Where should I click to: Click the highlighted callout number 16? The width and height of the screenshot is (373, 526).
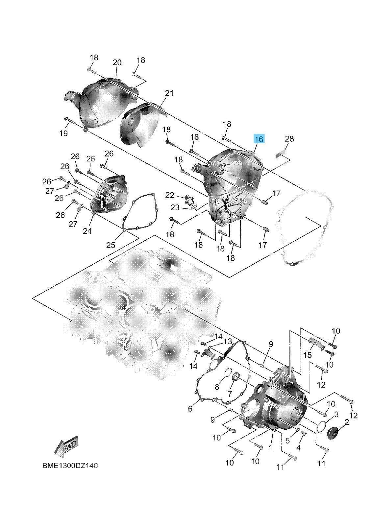259,139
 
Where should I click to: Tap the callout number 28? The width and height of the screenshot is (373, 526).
289,139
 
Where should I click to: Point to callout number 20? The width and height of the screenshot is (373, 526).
117,62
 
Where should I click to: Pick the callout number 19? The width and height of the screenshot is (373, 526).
63,133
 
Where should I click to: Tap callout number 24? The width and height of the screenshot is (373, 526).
87,231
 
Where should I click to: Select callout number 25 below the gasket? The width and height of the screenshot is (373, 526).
111,245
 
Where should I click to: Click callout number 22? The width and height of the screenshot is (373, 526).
169,195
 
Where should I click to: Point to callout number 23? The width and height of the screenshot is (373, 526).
175,207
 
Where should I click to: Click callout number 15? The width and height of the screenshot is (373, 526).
307,355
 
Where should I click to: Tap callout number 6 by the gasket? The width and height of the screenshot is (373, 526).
190,409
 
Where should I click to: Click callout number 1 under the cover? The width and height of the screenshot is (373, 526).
270,448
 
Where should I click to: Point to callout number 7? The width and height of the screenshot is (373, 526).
230,394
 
